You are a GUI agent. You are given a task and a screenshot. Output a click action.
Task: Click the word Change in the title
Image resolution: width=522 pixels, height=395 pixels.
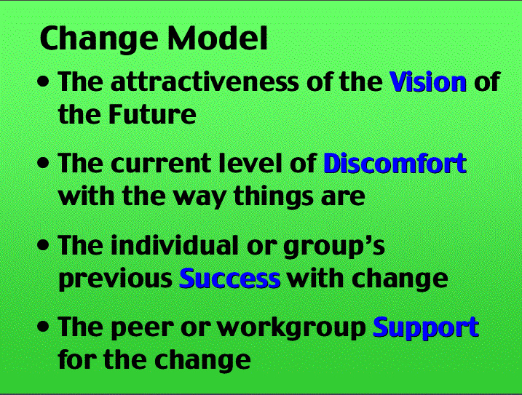click(x=99, y=39)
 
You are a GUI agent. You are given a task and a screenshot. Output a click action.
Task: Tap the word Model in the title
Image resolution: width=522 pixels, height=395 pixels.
click(x=218, y=38)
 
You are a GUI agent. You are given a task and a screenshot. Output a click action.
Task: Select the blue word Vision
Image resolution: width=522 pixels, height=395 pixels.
click(x=428, y=81)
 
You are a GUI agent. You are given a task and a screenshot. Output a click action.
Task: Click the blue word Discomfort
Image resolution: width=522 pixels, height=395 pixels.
click(x=395, y=163)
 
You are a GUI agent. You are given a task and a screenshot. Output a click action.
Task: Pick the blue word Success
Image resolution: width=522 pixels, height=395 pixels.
click(x=230, y=278)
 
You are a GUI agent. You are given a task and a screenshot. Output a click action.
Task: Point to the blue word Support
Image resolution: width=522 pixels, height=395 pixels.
click(x=426, y=328)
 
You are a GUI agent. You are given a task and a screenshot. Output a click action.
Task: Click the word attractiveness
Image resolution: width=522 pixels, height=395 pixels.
click(x=205, y=81)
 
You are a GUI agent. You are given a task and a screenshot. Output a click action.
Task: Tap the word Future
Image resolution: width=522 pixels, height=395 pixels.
click(x=152, y=114)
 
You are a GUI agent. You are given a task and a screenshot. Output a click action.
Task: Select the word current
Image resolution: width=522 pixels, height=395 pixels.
click(x=161, y=164)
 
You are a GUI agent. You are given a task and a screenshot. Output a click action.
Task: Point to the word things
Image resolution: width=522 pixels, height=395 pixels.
click(x=274, y=197)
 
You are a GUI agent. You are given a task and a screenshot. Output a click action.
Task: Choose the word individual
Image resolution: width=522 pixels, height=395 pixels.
click(x=175, y=245)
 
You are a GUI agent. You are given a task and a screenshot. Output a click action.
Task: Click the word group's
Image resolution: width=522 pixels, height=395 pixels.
click(x=334, y=247)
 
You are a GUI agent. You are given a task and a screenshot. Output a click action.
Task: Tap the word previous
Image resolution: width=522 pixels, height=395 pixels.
click(x=115, y=279)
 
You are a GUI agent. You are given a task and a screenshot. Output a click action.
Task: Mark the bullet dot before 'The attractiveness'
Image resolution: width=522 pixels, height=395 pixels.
click(x=43, y=82)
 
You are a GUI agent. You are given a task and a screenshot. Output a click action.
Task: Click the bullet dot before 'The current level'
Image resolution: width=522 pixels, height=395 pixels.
click(x=43, y=164)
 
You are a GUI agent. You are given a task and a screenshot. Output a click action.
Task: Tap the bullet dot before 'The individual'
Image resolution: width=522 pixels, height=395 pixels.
click(x=43, y=245)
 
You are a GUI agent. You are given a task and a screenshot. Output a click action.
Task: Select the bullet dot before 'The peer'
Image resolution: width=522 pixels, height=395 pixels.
click(x=43, y=327)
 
